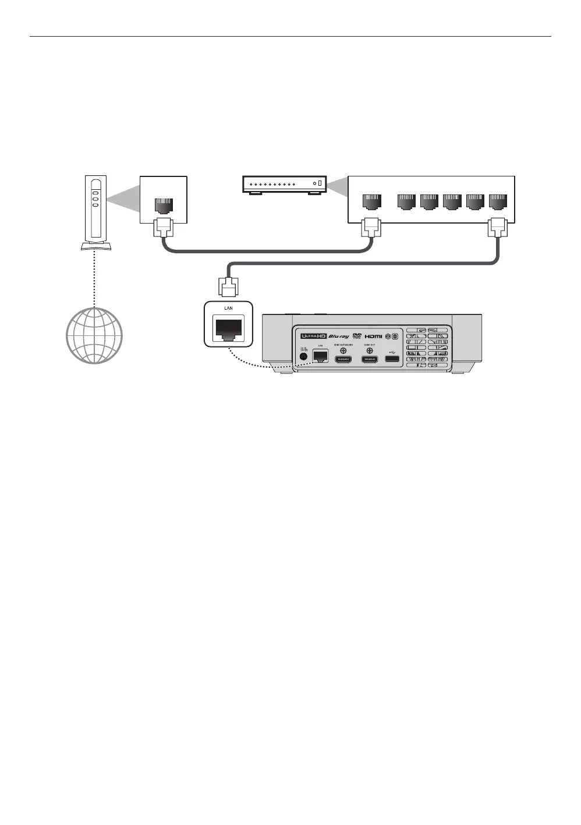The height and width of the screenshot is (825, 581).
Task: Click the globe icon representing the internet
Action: (x=95, y=336)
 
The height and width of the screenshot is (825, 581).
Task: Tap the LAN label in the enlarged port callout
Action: (x=228, y=308)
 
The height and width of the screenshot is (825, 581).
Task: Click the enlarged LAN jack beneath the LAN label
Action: (x=228, y=329)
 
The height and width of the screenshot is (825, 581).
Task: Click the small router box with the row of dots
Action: (x=284, y=185)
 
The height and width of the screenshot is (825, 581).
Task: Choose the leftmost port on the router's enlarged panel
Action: (x=371, y=201)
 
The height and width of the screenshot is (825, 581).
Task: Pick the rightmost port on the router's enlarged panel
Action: (x=498, y=201)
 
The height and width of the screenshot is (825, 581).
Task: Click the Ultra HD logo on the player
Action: (x=313, y=336)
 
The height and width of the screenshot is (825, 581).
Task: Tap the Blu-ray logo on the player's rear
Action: (x=339, y=337)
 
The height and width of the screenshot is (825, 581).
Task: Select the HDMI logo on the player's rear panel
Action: (x=373, y=337)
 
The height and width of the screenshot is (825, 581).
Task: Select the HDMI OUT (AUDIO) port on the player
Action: (x=343, y=359)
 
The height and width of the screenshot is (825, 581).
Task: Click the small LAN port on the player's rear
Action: (x=320, y=356)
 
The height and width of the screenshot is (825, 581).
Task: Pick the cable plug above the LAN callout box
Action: (x=227, y=286)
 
